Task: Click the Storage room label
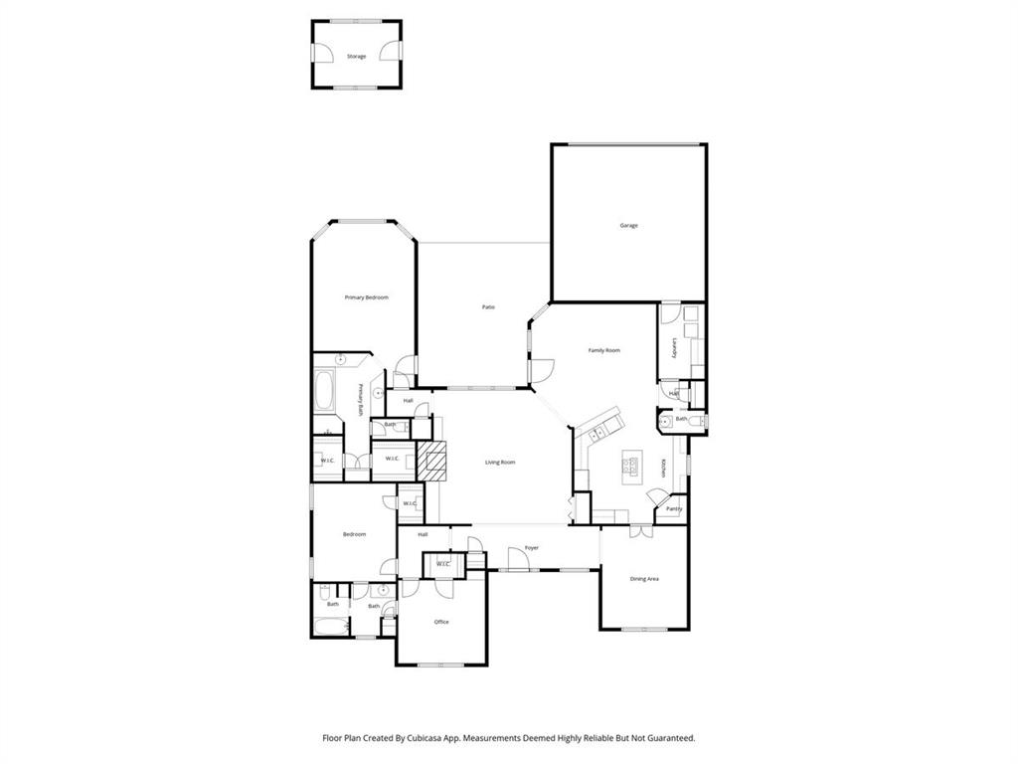click(356, 57)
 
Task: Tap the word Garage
click(628, 226)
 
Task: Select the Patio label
click(488, 307)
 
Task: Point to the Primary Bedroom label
click(366, 297)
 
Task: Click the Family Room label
click(603, 350)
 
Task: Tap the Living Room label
click(499, 463)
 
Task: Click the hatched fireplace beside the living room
click(433, 461)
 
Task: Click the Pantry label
click(673, 508)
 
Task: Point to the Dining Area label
click(644, 578)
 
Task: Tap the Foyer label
click(532, 548)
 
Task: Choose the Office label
click(441, 622)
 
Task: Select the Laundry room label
click(674, 348)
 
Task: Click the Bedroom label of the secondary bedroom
click(354, 534)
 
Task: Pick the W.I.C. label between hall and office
click(443, 564)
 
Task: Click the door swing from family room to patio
click(543, 370)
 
